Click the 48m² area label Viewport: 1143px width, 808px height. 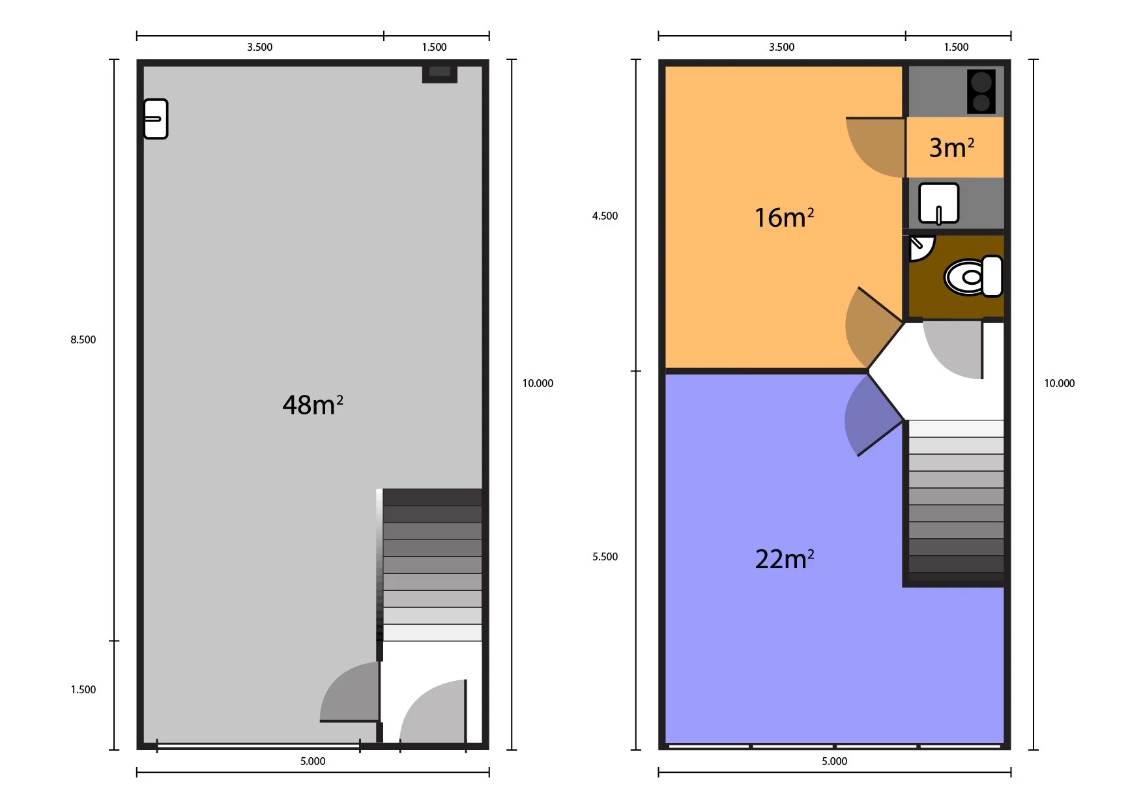(x=313, y=405)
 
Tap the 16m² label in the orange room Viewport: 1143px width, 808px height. (x=784, y=217)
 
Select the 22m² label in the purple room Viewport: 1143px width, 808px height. (x=785, y=558)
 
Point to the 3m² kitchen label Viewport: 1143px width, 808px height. (x=951, y=147)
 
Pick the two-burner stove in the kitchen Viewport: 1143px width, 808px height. (x=981, y=91)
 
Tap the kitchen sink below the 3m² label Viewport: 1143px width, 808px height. (x=938, y=203)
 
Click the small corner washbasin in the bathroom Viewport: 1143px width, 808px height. (x=921, y=248)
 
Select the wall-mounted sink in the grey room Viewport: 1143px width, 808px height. (x=156, y=119)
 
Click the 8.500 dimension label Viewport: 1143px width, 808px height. (x=83, y=339)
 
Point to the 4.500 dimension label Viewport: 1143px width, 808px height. (x=605, y=216)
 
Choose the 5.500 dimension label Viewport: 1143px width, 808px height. (x=605, y=556)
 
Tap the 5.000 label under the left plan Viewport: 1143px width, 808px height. (x=313, y=761)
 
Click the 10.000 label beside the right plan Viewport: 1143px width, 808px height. (x=1060, y=383)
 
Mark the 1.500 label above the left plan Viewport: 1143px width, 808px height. (x=434, y=47)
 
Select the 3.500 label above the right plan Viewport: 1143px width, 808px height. (x=782, y=47)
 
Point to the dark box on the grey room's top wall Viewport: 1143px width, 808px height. (x=440, y=74)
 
